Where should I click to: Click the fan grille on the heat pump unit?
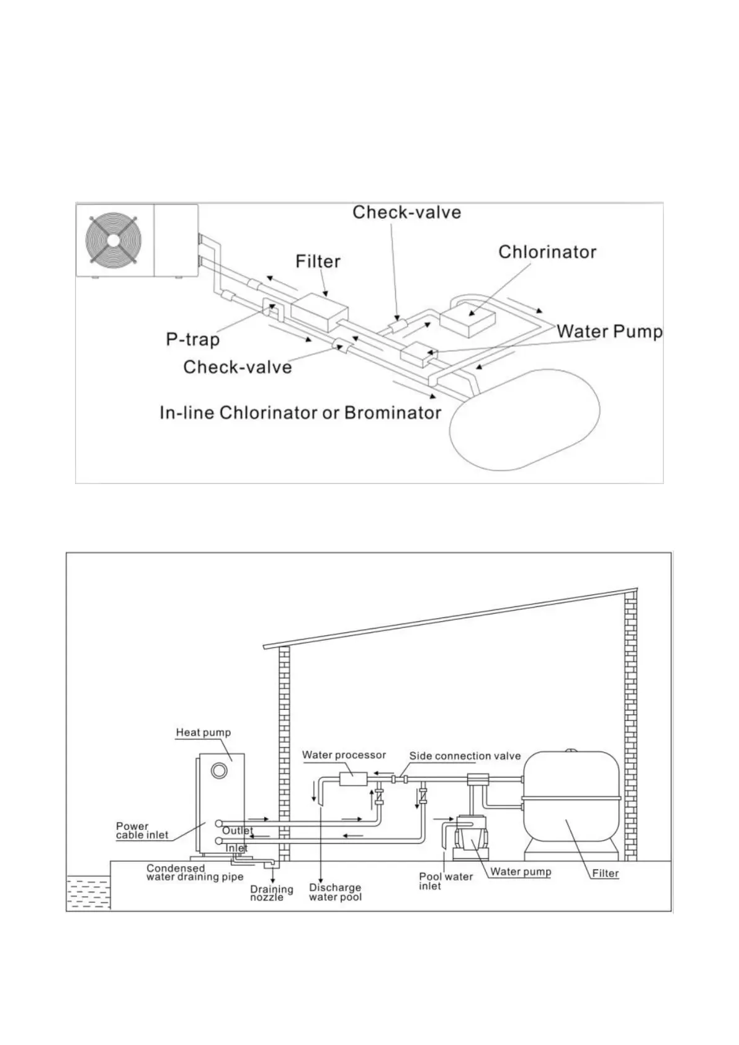click(113, 241)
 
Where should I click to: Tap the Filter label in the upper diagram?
click(318, 261)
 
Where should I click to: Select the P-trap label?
click(192, 339)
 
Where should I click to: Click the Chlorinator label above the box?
click(547, 252)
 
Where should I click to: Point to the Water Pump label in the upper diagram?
click(609, 331)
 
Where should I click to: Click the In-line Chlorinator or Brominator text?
click(300, 413)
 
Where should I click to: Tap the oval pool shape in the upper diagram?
click(524, 419)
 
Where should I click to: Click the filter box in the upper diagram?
click(319, 308)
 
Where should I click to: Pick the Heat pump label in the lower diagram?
click(203, 732)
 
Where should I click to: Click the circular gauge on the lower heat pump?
click(218, 771)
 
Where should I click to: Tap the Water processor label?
click(344, 755)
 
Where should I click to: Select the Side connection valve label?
click(465, 756)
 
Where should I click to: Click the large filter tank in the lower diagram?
click(571, 801)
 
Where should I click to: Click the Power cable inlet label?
click(141, 830)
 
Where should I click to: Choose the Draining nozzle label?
click(271, 893)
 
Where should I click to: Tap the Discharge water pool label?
click(335, 892)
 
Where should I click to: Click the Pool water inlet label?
click(445, 881)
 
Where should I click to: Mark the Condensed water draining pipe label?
click(194, 872)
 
